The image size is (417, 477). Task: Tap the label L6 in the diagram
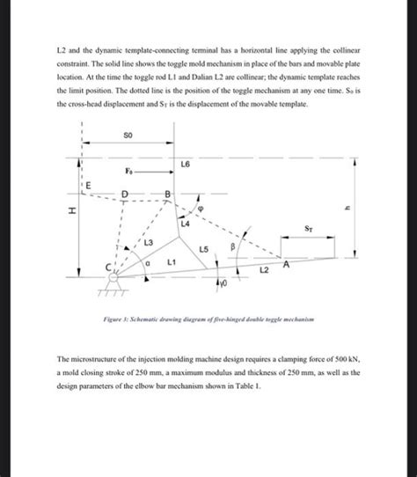tap(184, 165)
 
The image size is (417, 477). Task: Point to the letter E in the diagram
tap(85, 185)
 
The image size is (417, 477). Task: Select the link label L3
tap(148, 242)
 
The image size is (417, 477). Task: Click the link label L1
tap(172, 263)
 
